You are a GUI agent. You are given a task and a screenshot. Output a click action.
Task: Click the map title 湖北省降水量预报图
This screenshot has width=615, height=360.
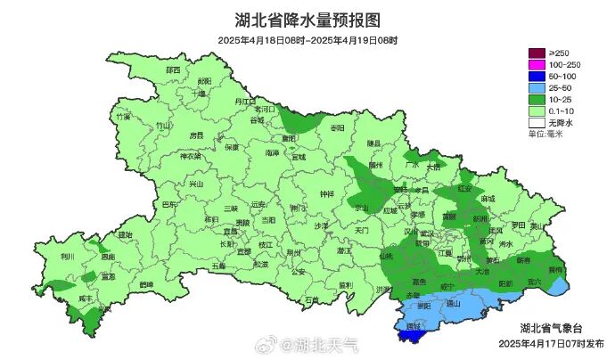click(307, 20)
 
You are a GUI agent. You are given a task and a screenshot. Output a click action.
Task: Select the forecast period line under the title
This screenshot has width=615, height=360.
click(307, 40)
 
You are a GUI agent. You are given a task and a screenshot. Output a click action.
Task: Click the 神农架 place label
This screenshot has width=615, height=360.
click(192, 157)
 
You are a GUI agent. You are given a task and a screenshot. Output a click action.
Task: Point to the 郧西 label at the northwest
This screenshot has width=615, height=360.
click(171, 70)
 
